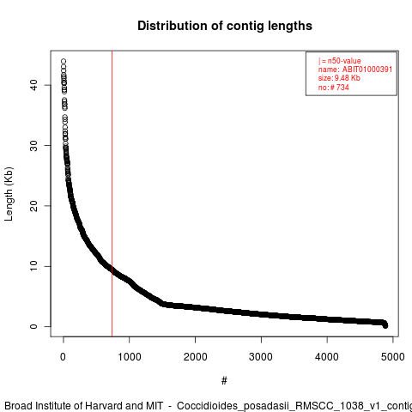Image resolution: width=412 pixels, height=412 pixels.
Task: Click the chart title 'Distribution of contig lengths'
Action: click(225, 26)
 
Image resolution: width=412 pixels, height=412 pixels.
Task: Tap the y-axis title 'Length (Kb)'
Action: click(9, 194)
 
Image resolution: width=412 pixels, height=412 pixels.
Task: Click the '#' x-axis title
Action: click(224, 380)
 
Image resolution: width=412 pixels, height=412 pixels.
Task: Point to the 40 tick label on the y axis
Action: click(33, 85)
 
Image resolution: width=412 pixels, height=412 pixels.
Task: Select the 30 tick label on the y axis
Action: click(33, 145)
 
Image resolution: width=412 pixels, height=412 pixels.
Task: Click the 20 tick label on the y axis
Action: click(33, 206)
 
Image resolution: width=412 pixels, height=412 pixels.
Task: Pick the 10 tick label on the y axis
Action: click(33, 266)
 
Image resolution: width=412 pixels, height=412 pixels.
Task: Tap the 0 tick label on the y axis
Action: click(33, 326)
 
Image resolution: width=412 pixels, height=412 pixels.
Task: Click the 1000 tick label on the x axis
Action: click(130, 357)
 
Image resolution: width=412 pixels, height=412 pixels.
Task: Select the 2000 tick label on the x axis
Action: click(195, 357)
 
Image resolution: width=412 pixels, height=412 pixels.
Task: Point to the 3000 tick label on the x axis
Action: click(261, 357)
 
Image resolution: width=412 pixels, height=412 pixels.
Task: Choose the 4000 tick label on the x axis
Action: click(327, 357)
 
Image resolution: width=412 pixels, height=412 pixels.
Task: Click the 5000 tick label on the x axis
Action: click(393, 357)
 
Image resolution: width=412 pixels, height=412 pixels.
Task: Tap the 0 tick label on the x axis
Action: click(64, 357)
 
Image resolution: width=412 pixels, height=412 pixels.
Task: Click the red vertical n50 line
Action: click(112, 194)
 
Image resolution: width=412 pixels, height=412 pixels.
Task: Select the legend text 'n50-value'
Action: click(344, 61)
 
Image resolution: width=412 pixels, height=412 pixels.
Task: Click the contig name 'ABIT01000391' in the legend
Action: click(367, 70)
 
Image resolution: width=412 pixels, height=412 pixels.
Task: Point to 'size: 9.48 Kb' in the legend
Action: click(339, 78)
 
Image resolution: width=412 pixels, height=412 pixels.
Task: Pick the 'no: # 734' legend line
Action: click(334, 88)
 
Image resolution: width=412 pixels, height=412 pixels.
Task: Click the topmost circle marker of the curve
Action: click(64, 61)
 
